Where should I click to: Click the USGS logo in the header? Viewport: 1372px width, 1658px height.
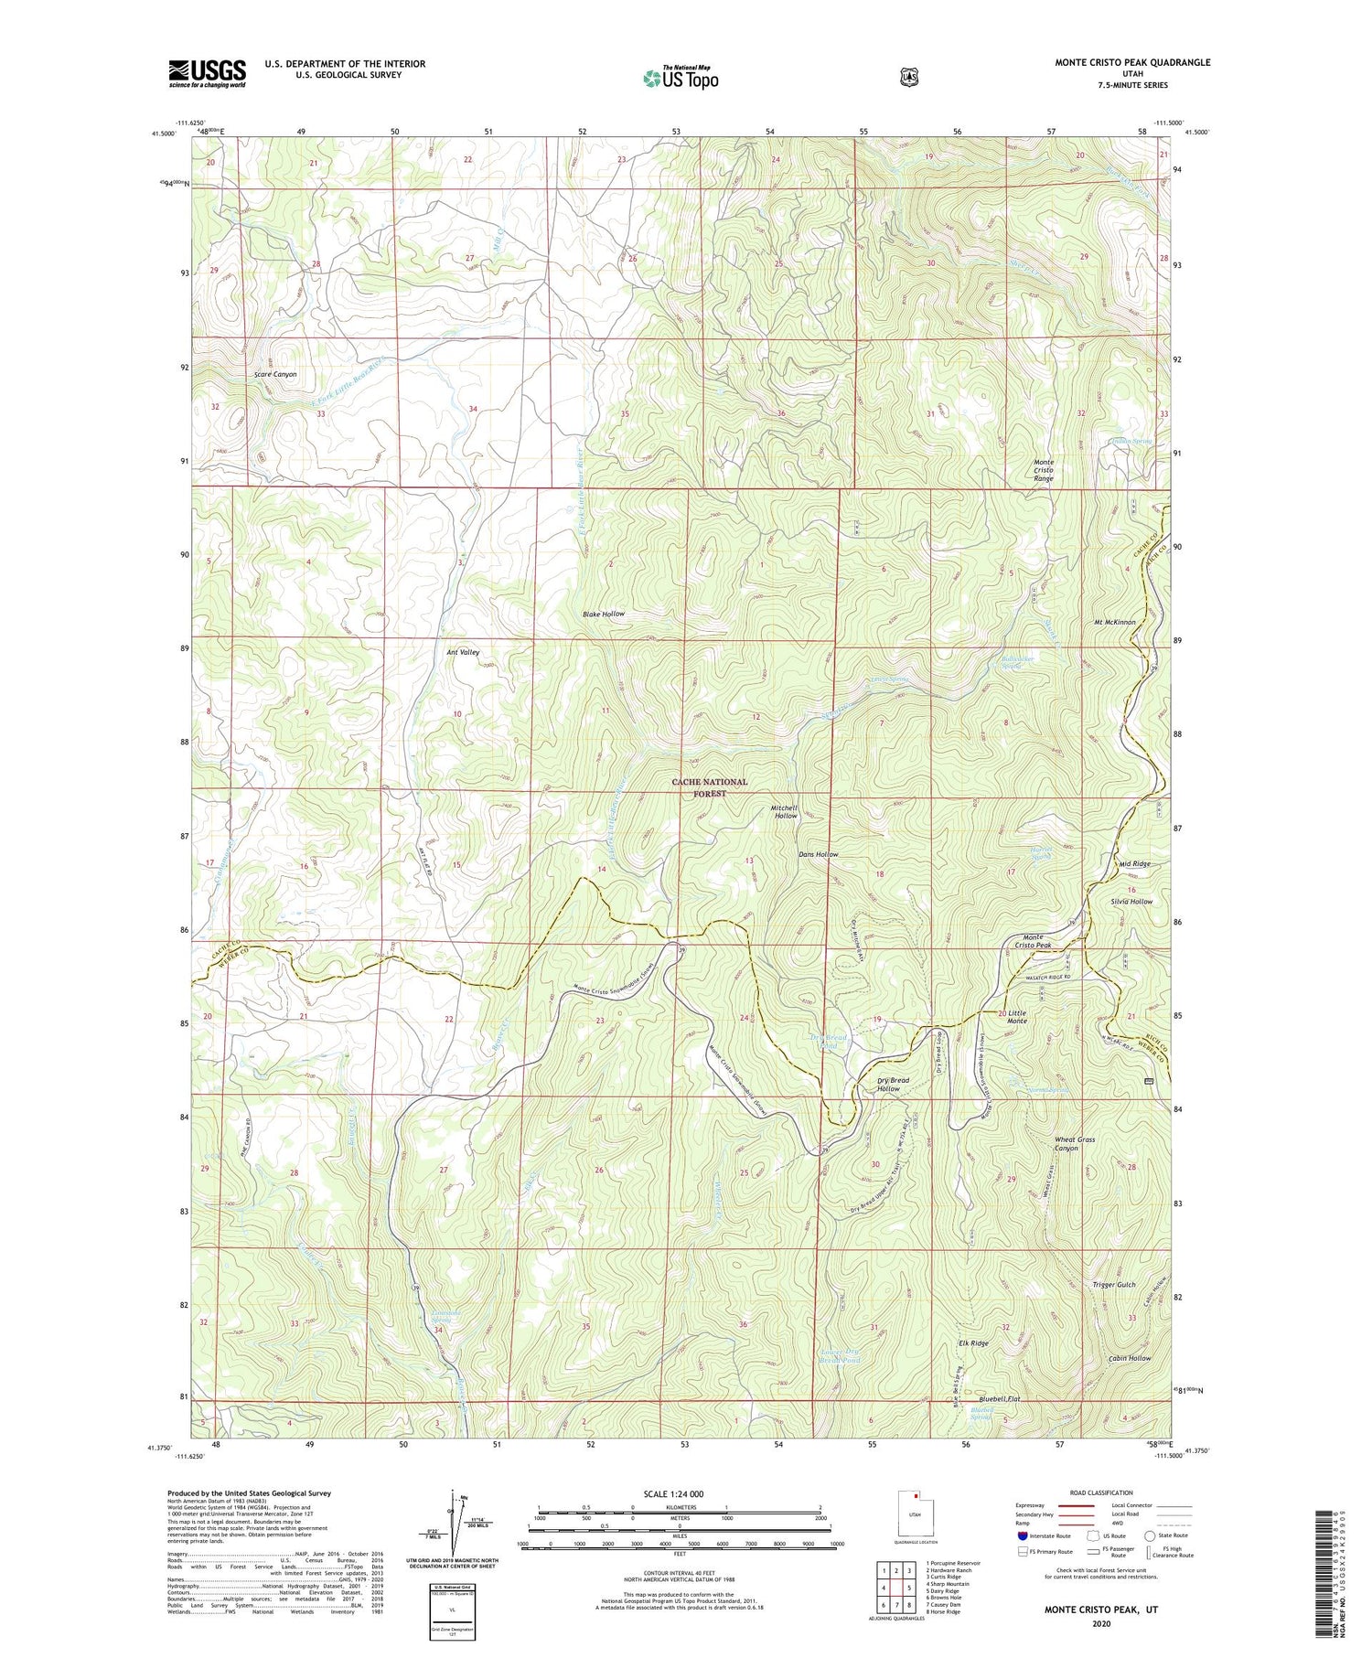[x=207, y=73]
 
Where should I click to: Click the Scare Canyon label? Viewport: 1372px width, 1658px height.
[x=275, y=374]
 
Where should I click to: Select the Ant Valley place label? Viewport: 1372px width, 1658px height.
[x=463, y=652]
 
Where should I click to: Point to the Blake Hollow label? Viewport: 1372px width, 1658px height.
[x=604, y=614]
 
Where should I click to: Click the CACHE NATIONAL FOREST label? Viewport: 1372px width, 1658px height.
[x=709, y=787]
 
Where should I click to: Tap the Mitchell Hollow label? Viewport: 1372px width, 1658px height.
[x=784, y=811]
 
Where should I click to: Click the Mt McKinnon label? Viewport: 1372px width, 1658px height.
[x=1114, y=622]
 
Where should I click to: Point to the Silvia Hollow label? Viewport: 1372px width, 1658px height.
[x=1131, y=901]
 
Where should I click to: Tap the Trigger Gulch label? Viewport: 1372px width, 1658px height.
[x=1113, y=1284]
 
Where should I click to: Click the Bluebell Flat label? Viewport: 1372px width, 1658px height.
[x=999, y=1398]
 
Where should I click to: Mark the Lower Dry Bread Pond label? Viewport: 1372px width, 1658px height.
[x=840, y=1355]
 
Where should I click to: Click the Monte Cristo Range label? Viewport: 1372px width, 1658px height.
[x=1044, y=470]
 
